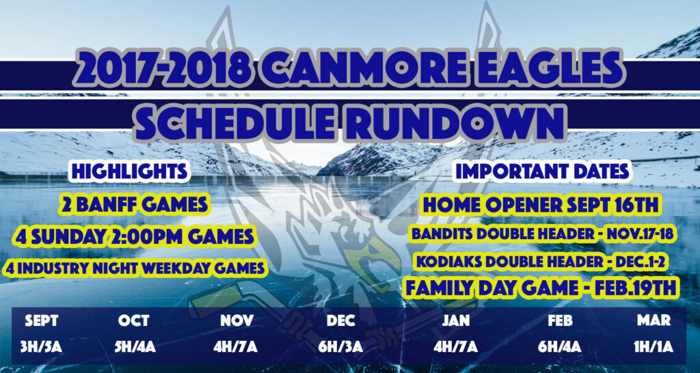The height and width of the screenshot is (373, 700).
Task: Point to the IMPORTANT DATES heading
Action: [542, 173]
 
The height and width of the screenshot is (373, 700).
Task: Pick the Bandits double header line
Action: [542, 234]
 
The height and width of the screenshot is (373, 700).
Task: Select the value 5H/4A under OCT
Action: [135, 347]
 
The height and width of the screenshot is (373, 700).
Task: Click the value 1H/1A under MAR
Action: [654, 347]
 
